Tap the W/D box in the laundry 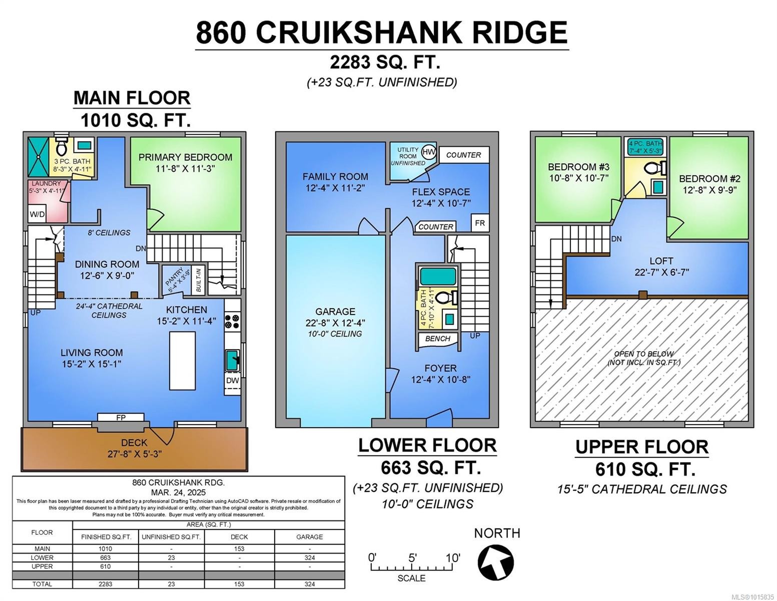coord(37,214)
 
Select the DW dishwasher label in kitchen coord(232,380)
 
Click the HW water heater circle coord(429,152)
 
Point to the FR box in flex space coord(480,223)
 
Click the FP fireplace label coord(121,418)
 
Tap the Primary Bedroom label coord(185,157)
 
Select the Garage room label coord(335,312)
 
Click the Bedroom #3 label coord(578,167)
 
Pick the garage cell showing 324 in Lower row coord(309,557)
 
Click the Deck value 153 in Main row coord(239,548)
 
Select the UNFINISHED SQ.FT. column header coord(171,537)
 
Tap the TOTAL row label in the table coord(42,584)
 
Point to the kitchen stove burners coord(233,321)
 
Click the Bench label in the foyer coord(438,339)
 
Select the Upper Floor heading coord(641,447)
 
